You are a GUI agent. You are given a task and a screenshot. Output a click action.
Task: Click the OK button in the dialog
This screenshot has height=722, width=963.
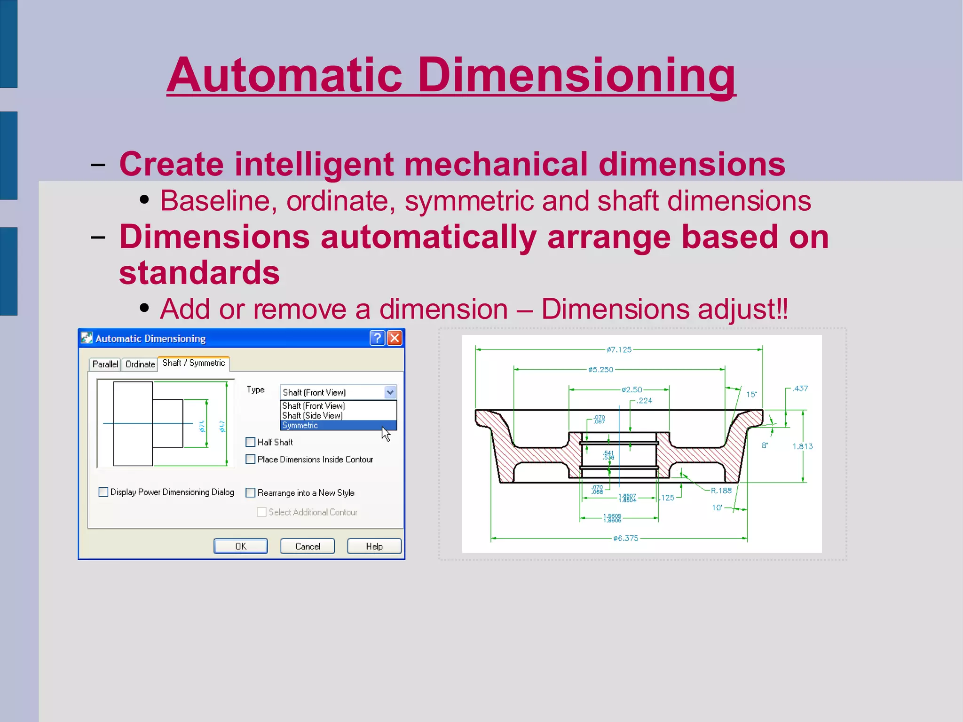tap(240, 546)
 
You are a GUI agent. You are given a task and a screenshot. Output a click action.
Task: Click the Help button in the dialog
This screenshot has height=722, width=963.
tap(374, 546)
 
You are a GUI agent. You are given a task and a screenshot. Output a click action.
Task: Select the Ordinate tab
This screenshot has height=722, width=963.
tap(140, 364)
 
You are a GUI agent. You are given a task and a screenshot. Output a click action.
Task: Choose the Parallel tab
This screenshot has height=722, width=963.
tap(105, 364)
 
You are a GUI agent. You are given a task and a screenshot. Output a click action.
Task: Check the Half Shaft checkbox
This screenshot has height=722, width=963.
tap(251, 442)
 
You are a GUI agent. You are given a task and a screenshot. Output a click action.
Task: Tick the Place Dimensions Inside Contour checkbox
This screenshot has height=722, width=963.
tap(251, 459)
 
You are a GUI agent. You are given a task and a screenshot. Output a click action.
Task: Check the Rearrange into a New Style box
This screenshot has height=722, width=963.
tap(251, 492)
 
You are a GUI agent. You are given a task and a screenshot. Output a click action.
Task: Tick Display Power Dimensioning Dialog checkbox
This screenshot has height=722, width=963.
tap(103, 492)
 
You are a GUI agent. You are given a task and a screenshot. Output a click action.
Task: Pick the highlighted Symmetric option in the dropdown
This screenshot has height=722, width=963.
tap(300, 425)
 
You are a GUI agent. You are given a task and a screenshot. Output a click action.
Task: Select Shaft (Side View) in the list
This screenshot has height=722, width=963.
tap(312, 415)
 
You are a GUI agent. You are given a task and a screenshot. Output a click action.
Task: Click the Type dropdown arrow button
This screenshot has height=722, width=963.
tap(390, 392)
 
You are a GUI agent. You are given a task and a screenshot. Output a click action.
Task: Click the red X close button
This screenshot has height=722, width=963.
tap(395, 338)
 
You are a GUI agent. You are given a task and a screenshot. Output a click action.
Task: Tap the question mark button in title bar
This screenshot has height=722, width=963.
tap(377, 338)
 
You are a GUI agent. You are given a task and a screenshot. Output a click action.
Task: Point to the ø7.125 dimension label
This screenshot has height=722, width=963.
tap(619, 349)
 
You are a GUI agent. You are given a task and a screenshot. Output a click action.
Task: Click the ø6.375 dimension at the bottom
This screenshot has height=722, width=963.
tap(626, 538)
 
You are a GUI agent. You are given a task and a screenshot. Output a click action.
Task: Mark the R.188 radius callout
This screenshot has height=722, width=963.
tap(721, 491)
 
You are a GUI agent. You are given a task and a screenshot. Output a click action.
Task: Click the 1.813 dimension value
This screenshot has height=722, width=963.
tap(802, 446)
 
